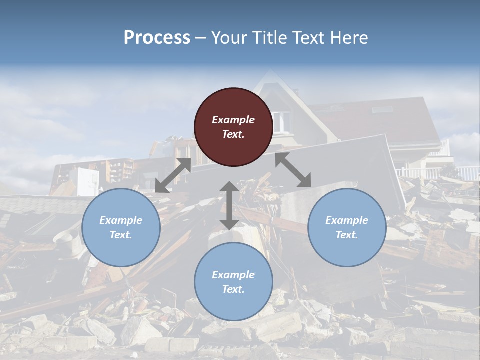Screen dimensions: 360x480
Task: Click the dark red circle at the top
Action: [233, 127]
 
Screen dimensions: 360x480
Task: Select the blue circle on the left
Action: [121, 227]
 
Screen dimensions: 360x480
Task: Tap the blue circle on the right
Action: [347, 227]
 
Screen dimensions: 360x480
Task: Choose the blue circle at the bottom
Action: [233, 282]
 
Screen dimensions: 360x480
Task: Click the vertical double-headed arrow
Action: [229, 205]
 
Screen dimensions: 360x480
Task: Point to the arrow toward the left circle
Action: [173, 175]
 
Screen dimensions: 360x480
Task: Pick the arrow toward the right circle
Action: [293, 170]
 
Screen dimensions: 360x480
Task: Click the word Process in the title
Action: [157, 37]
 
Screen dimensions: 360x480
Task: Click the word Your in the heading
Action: [227, 37]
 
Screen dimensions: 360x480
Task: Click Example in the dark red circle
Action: [233, 120]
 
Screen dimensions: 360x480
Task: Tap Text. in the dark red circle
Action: [233, 134]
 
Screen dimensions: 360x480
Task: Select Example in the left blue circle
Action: [121, 220]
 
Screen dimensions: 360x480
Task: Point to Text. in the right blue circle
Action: [347, 235]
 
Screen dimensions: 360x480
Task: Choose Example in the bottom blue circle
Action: [233, 275]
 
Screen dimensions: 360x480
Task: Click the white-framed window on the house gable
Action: [281, 121]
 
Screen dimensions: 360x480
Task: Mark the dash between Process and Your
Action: [201, 38]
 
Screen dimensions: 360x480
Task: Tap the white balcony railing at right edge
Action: [467, 173]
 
